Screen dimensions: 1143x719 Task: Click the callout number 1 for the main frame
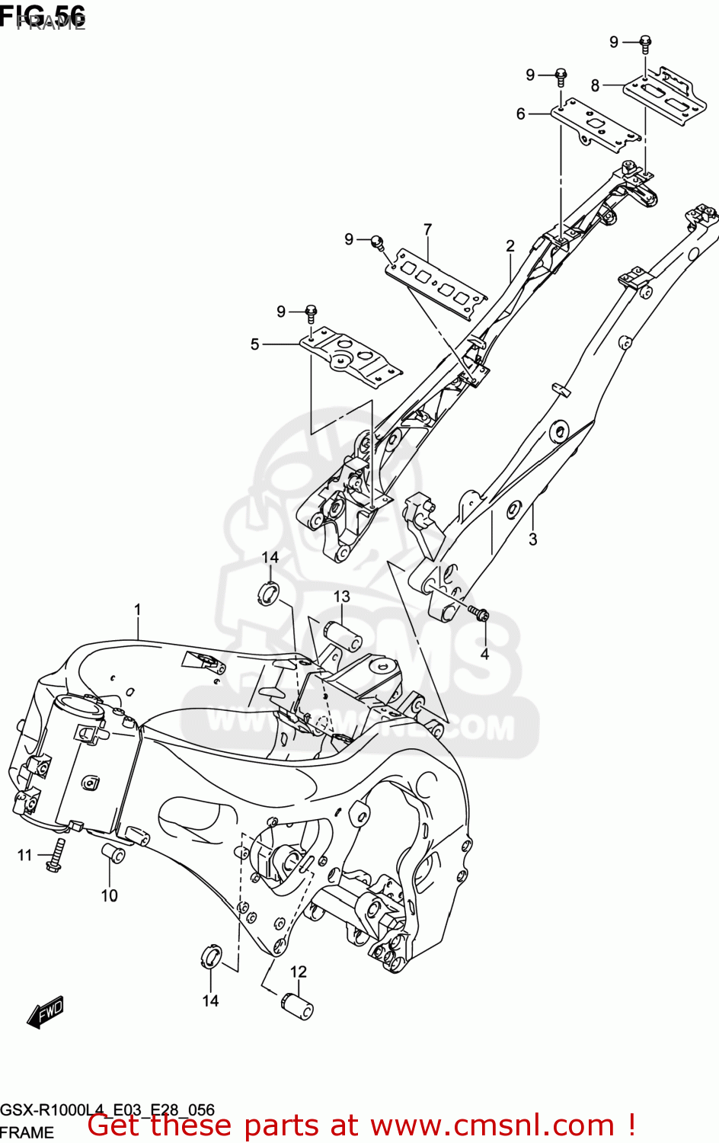click(x=138, y=610)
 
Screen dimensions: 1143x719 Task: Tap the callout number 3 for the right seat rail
click(x=532, y=539)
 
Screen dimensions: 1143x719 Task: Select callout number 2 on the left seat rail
click(x=510, y=246)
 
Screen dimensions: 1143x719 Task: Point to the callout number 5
click(x=255, y=344)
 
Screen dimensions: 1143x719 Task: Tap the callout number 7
click(x=427, y=229)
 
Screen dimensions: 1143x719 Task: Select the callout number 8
click(x=595, y=85)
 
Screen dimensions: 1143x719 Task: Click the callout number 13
click(x=341, y=597)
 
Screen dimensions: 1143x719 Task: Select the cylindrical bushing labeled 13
click(x=344, y=636)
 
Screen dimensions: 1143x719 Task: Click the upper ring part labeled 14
click(x=268, y=593)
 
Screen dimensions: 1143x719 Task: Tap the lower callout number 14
click(x=210, y=1001)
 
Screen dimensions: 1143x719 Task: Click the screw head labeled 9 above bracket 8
click(x=644, y=43)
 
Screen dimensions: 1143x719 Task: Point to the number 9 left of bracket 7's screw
click(x=349, y=239)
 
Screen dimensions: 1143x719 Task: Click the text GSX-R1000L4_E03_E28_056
click(x=107, y=1109)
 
